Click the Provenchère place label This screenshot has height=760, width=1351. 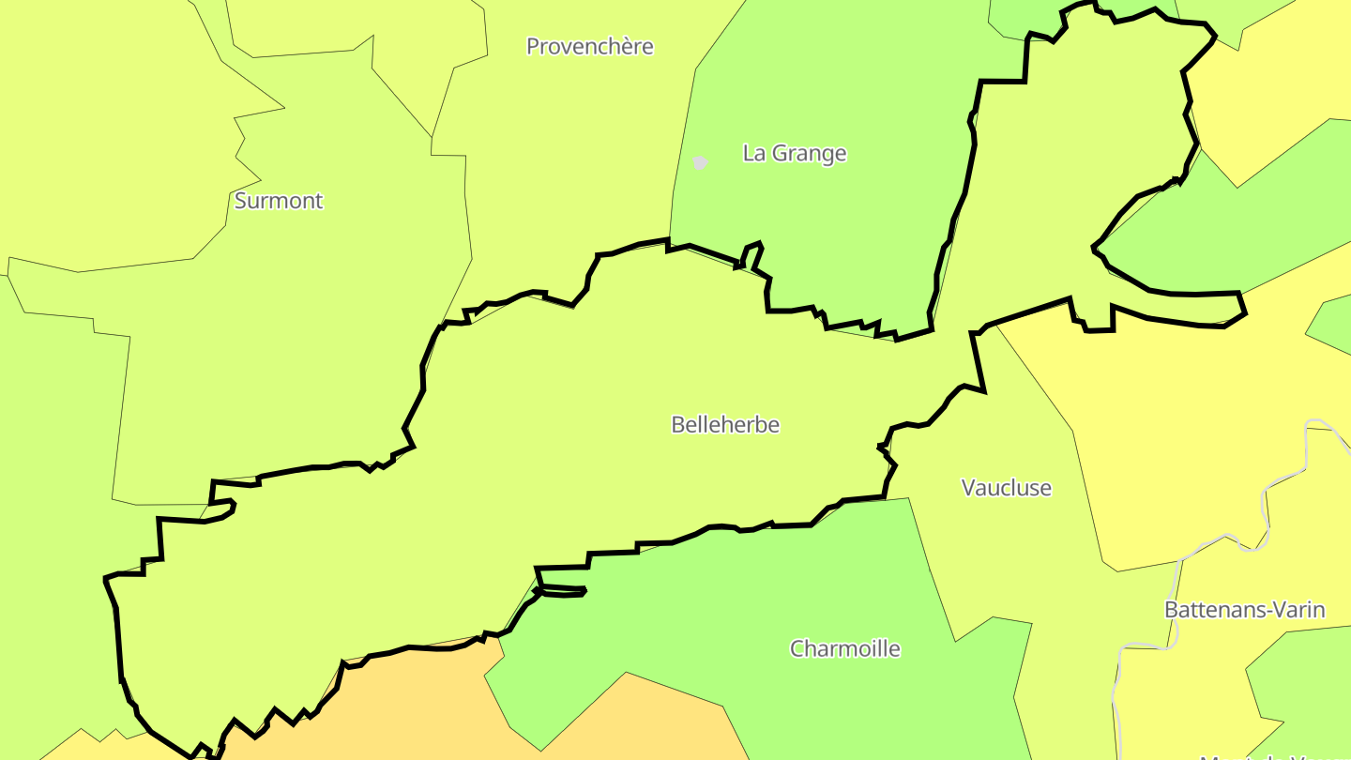[x=589, y=47]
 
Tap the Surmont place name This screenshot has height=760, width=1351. [x=279, y=201]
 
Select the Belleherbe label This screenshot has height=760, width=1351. [x=725, y=425]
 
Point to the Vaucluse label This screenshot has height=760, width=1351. [x=1007, y=488]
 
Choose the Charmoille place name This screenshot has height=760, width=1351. [x=845, y=649]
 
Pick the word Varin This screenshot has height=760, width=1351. [x=1298, y=610]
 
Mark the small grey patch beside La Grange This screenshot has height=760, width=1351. [x=699, y=162]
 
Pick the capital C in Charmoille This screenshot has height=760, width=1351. [x=797, y=649]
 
